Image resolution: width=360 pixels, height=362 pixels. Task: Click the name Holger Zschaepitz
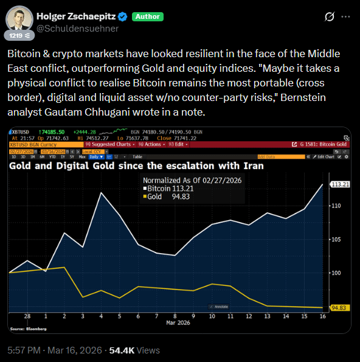[78, 16]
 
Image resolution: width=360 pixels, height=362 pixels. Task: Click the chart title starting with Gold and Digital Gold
[136, 165]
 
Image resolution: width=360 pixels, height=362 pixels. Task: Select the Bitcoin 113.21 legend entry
[168, 189]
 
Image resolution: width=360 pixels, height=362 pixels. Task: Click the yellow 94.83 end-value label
[339, 308]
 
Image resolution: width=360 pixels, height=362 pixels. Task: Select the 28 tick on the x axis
[28, 316]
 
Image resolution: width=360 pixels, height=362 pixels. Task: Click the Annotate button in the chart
[219, 306]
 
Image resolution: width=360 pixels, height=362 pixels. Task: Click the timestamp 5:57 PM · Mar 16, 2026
[55, 350]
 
